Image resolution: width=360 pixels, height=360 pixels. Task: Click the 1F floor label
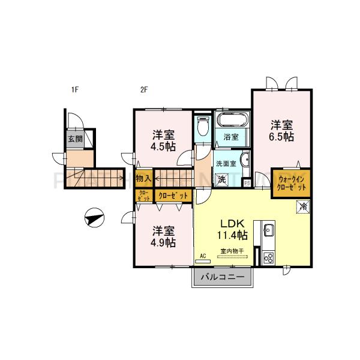75,91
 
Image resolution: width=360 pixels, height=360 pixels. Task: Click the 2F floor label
144,91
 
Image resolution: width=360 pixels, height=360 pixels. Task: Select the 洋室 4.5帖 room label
163,140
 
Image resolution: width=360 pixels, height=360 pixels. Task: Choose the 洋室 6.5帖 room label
281,131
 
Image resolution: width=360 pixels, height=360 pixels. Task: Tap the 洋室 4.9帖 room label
163,236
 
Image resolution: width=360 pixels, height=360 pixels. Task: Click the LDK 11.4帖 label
233,227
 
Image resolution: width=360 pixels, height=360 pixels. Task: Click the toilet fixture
202,127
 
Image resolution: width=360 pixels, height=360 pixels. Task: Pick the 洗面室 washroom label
227,163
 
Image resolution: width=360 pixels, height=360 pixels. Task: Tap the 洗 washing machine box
222,179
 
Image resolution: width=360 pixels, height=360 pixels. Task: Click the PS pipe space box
247,183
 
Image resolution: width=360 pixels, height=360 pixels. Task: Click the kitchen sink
268,230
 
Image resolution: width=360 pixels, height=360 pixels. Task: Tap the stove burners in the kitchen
268,258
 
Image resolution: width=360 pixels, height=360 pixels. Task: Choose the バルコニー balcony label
222,278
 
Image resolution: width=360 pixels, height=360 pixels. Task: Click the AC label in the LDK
203,256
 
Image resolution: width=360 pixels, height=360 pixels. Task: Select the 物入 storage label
143,178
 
